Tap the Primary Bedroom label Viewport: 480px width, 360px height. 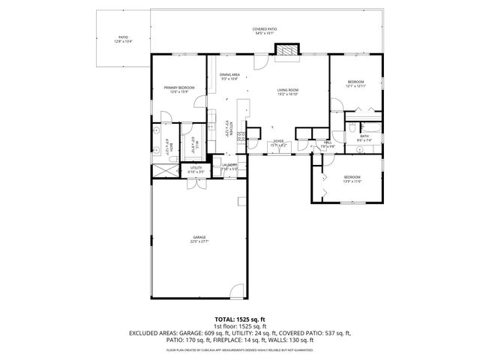(178, 89)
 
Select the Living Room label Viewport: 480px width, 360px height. (289, 91)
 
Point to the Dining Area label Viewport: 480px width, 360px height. (229, 76)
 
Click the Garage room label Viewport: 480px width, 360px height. (199, 239)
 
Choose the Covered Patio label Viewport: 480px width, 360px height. (264, 31)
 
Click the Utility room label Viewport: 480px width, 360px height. (196, 170)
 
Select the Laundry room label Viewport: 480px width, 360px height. (229, 166)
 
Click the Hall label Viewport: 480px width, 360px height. (328, 144)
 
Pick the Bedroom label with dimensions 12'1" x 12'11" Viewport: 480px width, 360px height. (355, 83)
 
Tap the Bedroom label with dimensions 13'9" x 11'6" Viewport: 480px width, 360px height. (352, 179)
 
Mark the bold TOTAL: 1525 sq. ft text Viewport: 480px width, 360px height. (239, 319)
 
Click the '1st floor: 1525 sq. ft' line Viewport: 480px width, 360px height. (239, 325)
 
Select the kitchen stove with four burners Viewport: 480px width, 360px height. (242, 136)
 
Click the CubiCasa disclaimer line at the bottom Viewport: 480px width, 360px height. (239, 350)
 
